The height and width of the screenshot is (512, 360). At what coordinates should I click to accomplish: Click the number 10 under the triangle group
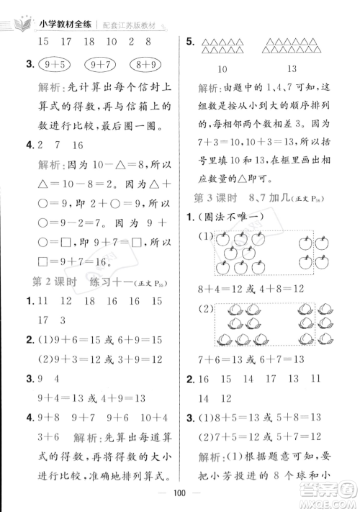coord(222,69)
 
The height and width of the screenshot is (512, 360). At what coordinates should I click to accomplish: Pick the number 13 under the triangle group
coord(292,69)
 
